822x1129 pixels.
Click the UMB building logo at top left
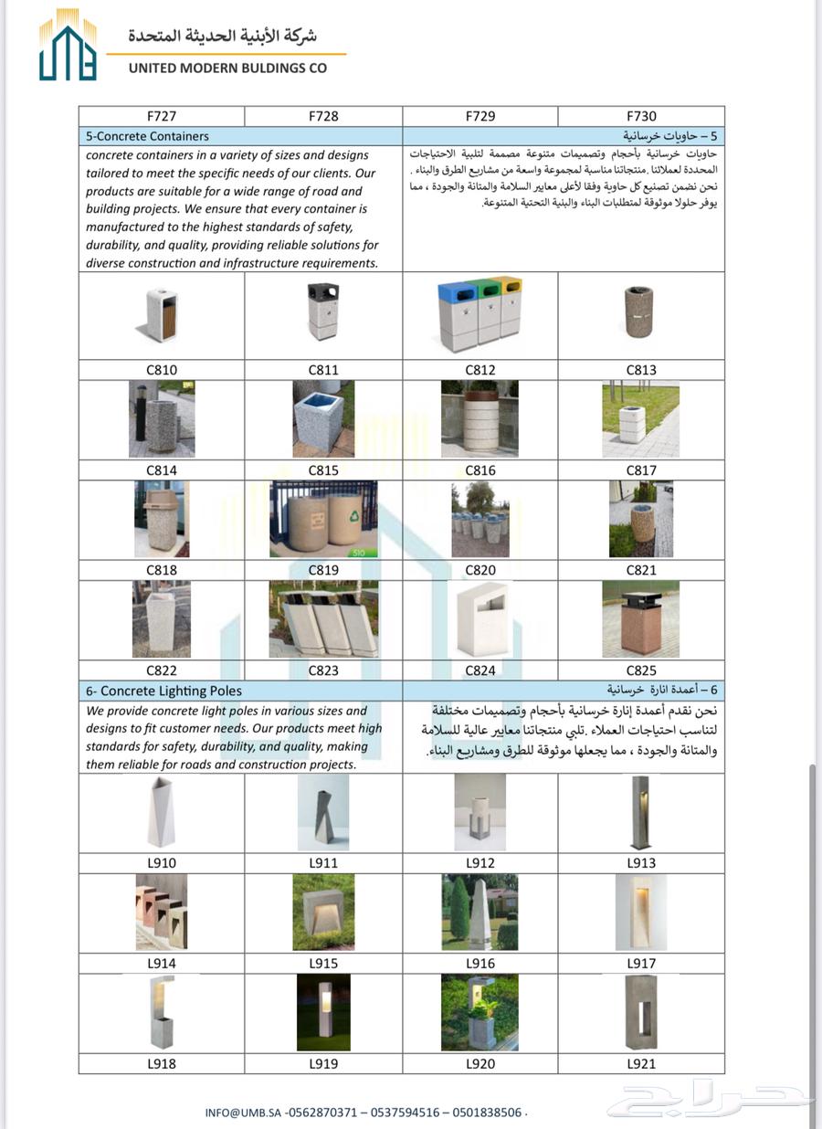pyautogui.click(x=68, y=46)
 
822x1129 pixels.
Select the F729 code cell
pyautogui.click(x=480, y=116)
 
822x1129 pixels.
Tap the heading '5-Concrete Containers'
pyautogui.click(x=147, y=136)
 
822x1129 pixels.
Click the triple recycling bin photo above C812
pyautogui.click(x=480, y=314)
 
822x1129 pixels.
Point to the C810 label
pyautogui.click(x=162, y=370)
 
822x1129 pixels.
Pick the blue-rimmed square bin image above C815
pyautogui.click(x=323, y=419)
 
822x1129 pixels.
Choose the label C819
pyautogui.click(x=323, y=570)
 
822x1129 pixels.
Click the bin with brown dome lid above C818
pyautogui.click(x=162, y=519)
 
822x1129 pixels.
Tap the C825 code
pyautogui.click(x=641, y=670)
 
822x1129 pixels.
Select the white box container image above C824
pyautogui.click(x=480, y=619)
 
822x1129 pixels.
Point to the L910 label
pyautogui.click(x=162, y=862)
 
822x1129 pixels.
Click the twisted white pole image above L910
pyautogui.click(x=162, y=812)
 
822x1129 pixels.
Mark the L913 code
pyautogui.click(x=641, y=862)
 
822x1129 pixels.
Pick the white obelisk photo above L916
pyautogui.click(x=480, y=912)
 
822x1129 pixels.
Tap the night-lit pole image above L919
pyautogui.click(x=323, y=1012)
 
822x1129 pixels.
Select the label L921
pyautogui.click(x=641, y=1063)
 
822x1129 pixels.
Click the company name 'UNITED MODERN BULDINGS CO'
pyautogui.click(x=227, y=68)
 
